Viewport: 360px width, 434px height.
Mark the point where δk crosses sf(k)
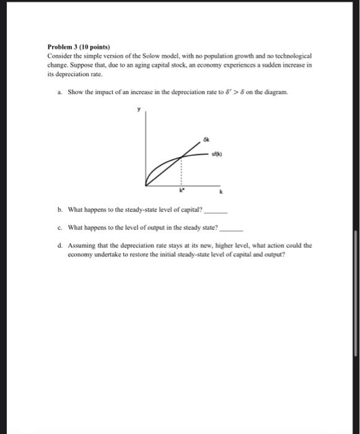pyautogui.click(x=181, y=156)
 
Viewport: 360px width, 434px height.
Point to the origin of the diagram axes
pyautogui.click(x=146, y=185)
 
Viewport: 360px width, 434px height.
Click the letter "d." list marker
pyautogui.click(x=59, y=246)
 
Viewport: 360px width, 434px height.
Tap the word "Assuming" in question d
pyautogui.click(x=82, y=246)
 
